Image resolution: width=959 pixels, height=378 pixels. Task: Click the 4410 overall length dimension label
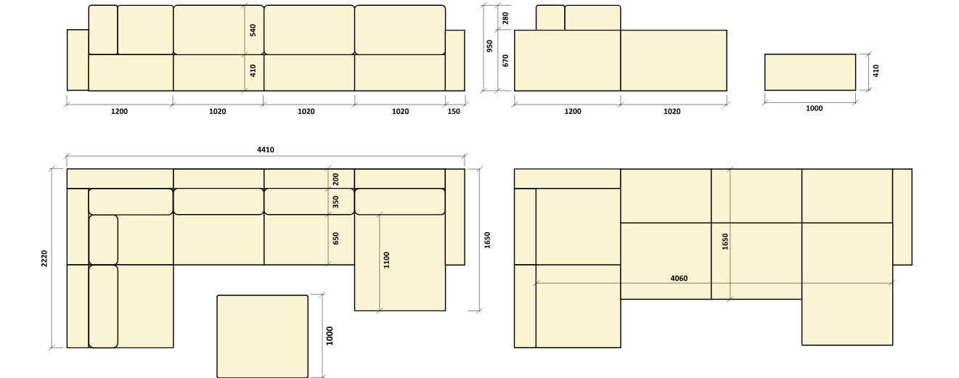point(266,150)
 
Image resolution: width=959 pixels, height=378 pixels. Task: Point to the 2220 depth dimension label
point(44,258)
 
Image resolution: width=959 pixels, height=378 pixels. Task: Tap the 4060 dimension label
point(679,279)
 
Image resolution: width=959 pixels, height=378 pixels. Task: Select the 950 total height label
point(490,46)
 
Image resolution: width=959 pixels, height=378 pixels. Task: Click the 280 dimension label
point(505,18)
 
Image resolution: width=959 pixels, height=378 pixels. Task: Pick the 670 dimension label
point(505,60)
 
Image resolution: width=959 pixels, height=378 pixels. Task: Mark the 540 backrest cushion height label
point(253,30)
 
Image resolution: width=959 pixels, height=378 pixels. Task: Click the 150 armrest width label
point(454,111)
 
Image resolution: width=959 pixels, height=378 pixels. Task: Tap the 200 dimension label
point(335,179)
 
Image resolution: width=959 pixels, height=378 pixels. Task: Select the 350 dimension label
point(335,202)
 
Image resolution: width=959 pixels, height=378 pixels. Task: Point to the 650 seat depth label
point(335,239)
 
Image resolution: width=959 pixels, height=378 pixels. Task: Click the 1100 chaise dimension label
point(387,260)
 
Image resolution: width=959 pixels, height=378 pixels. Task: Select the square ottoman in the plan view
point(263,337)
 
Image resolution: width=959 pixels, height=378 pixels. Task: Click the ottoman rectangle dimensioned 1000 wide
point(810,73)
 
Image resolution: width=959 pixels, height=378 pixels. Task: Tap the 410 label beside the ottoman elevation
point(876,70)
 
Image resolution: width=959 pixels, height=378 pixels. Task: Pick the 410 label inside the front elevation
point(253,70)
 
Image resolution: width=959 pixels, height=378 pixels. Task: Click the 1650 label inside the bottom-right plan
point(725,242)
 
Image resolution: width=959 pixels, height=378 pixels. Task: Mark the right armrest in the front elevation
point(454,60)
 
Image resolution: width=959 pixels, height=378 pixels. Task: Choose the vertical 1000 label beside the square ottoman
point(330,336)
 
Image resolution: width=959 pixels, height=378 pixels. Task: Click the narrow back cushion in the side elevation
point(550,17)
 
